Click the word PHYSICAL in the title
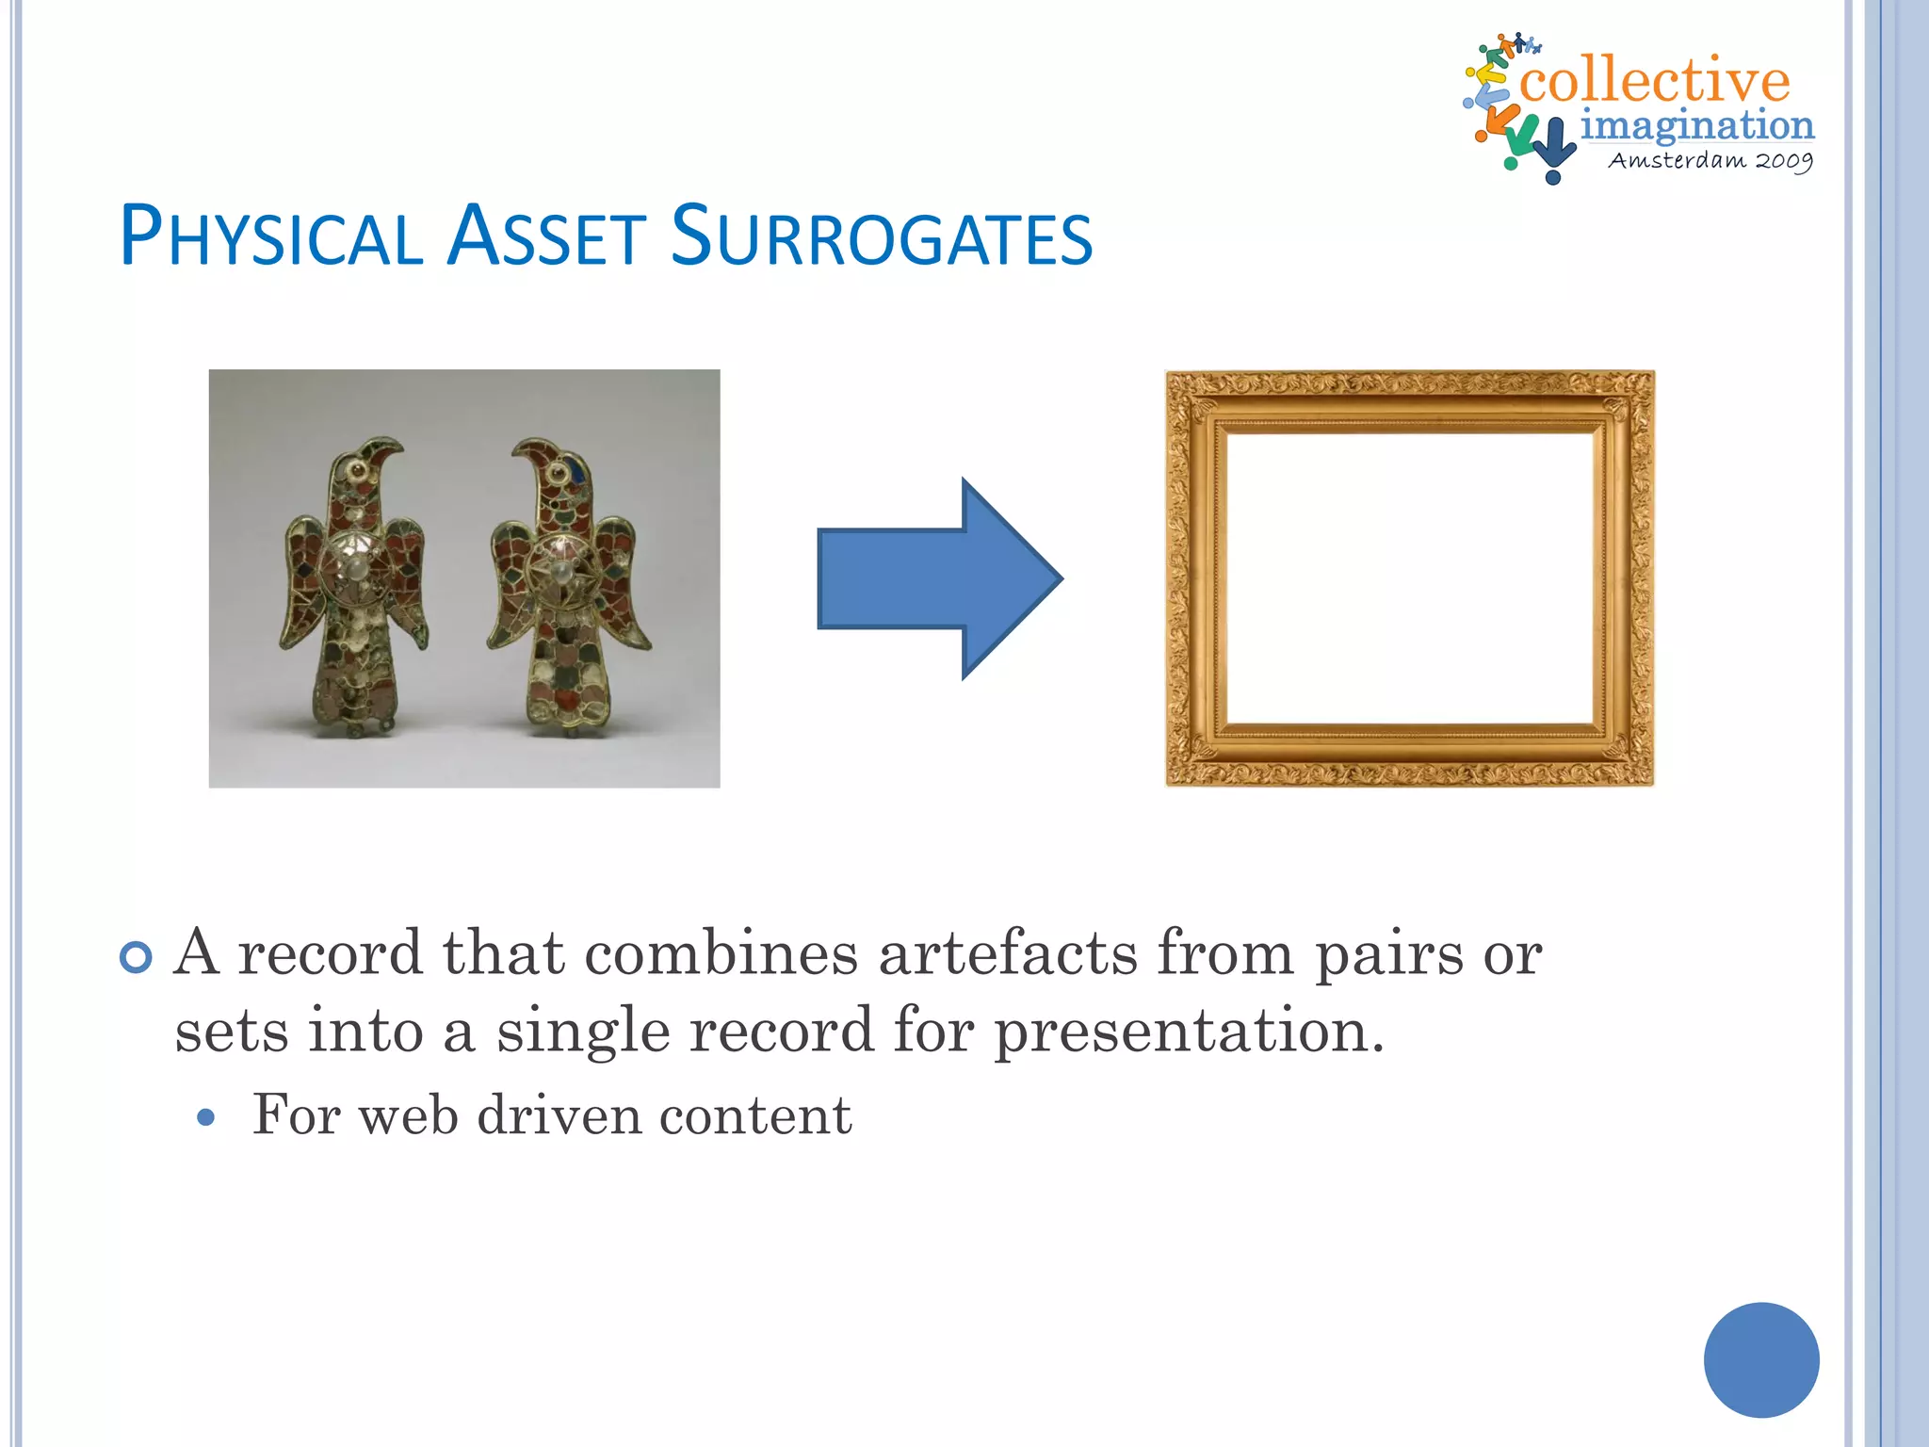[x=271, y=236]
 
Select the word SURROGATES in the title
[x=881, y=236]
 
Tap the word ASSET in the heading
[x=546, y=236]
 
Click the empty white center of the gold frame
[x=1409, y=577]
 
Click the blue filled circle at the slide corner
[x=1760, y=1359]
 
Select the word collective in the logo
[x=1654, y=81]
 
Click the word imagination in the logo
[x=1696, y=125]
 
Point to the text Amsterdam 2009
[x=1710, y=160]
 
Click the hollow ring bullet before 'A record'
[x=137, y=958]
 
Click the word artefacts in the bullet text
[x=1008, y=953]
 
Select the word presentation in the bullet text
[x=1189, y=1031]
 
